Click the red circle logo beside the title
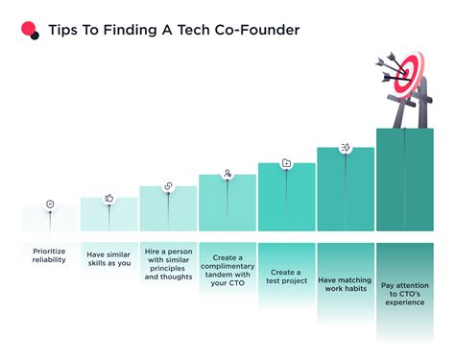click(30, 30)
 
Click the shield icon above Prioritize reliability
click(50, 204)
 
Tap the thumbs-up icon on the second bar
click(109, 198)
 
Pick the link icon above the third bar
click(169, 186)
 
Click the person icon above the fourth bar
click(227, 174)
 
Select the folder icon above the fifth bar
click(287, 163)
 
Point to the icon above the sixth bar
click(346, 148)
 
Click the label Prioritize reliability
click(50, 255)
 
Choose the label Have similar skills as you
click(109, 261)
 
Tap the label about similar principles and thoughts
click(169, 266)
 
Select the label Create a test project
click(287, 277)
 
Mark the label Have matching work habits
click(346, 282)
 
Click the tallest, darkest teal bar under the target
click(404, 182)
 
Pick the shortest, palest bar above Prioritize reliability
click(50, 219)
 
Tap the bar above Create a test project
click(287, 202)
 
